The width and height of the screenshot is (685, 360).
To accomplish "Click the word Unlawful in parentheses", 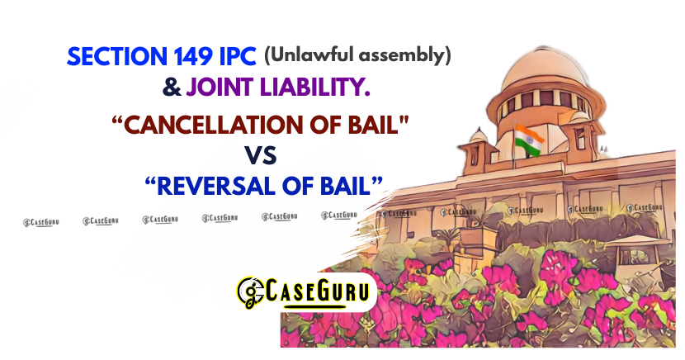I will pyautogui.click(x=314, y=56).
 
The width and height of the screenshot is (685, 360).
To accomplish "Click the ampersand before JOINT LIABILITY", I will pyautogui.click(x=172, y=85).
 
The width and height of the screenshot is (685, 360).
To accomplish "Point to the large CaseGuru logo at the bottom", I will pyautogui.click(x=306, y=291).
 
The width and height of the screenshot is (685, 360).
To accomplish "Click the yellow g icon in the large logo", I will pyautogui.click(x=250, y=291).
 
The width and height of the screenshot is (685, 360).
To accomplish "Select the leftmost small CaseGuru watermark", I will pyautogui.click(x=40, y=220).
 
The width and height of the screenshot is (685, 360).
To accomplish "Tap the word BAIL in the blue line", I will pyautogui.click(x=347, y=186).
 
